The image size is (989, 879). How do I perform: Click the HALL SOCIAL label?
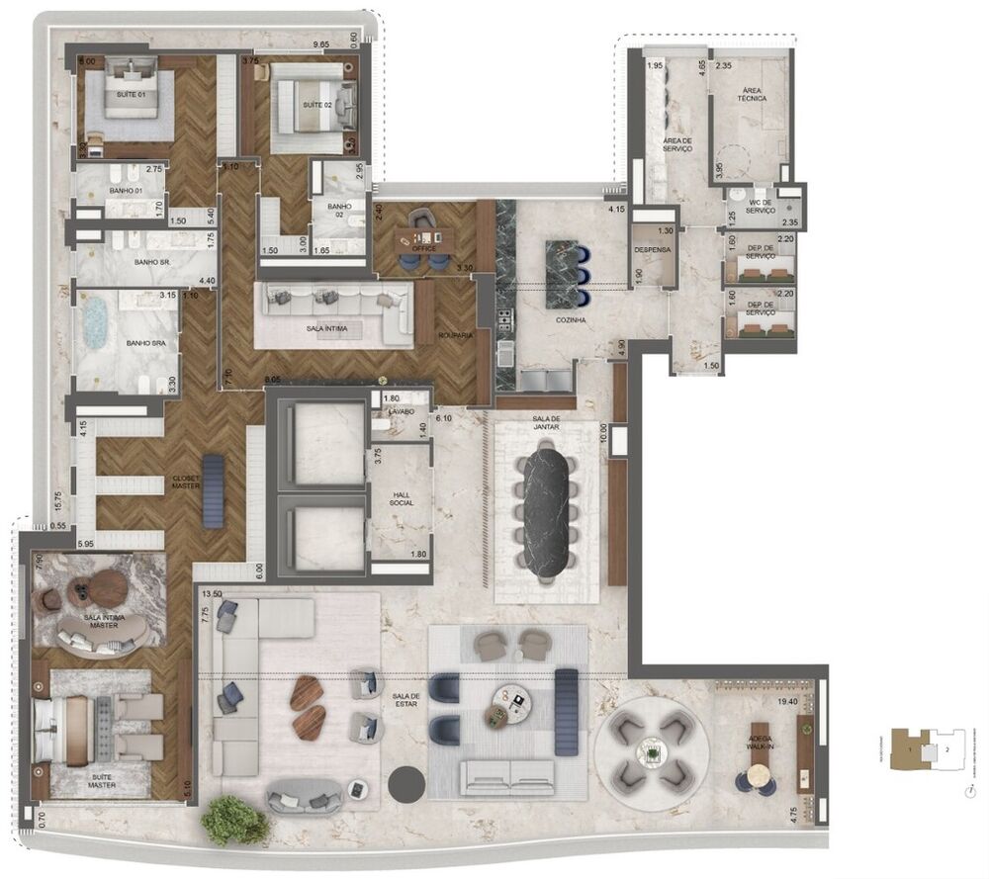(x=401, y=498)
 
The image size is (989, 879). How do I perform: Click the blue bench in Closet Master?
(x=214, y=490)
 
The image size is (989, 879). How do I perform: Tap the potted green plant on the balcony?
(x=234, y=820)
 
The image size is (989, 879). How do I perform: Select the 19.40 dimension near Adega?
(x=788, y=701)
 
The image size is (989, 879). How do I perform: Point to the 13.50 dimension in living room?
(x=211, y=594)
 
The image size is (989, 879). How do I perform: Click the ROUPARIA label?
(x=456, y=335)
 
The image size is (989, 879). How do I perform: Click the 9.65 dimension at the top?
(x=321, y=44)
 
